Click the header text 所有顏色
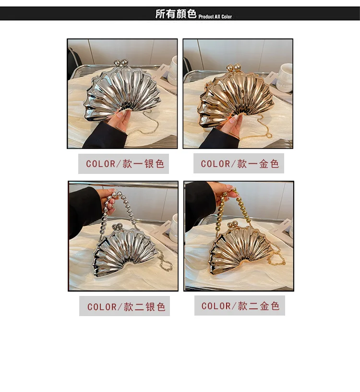point(176,14)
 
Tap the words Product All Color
point(215,17)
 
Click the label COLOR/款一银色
point(125,164)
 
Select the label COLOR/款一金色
point(240,164)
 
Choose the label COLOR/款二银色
point(126,306)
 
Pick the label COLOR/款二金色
point(240,306)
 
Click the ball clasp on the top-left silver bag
point(120,63)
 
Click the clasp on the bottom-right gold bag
point(233,224)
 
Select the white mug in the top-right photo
point(285,77)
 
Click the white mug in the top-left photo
point(173,70)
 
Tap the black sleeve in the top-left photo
point(105,136)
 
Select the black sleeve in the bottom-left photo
point(84,210)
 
